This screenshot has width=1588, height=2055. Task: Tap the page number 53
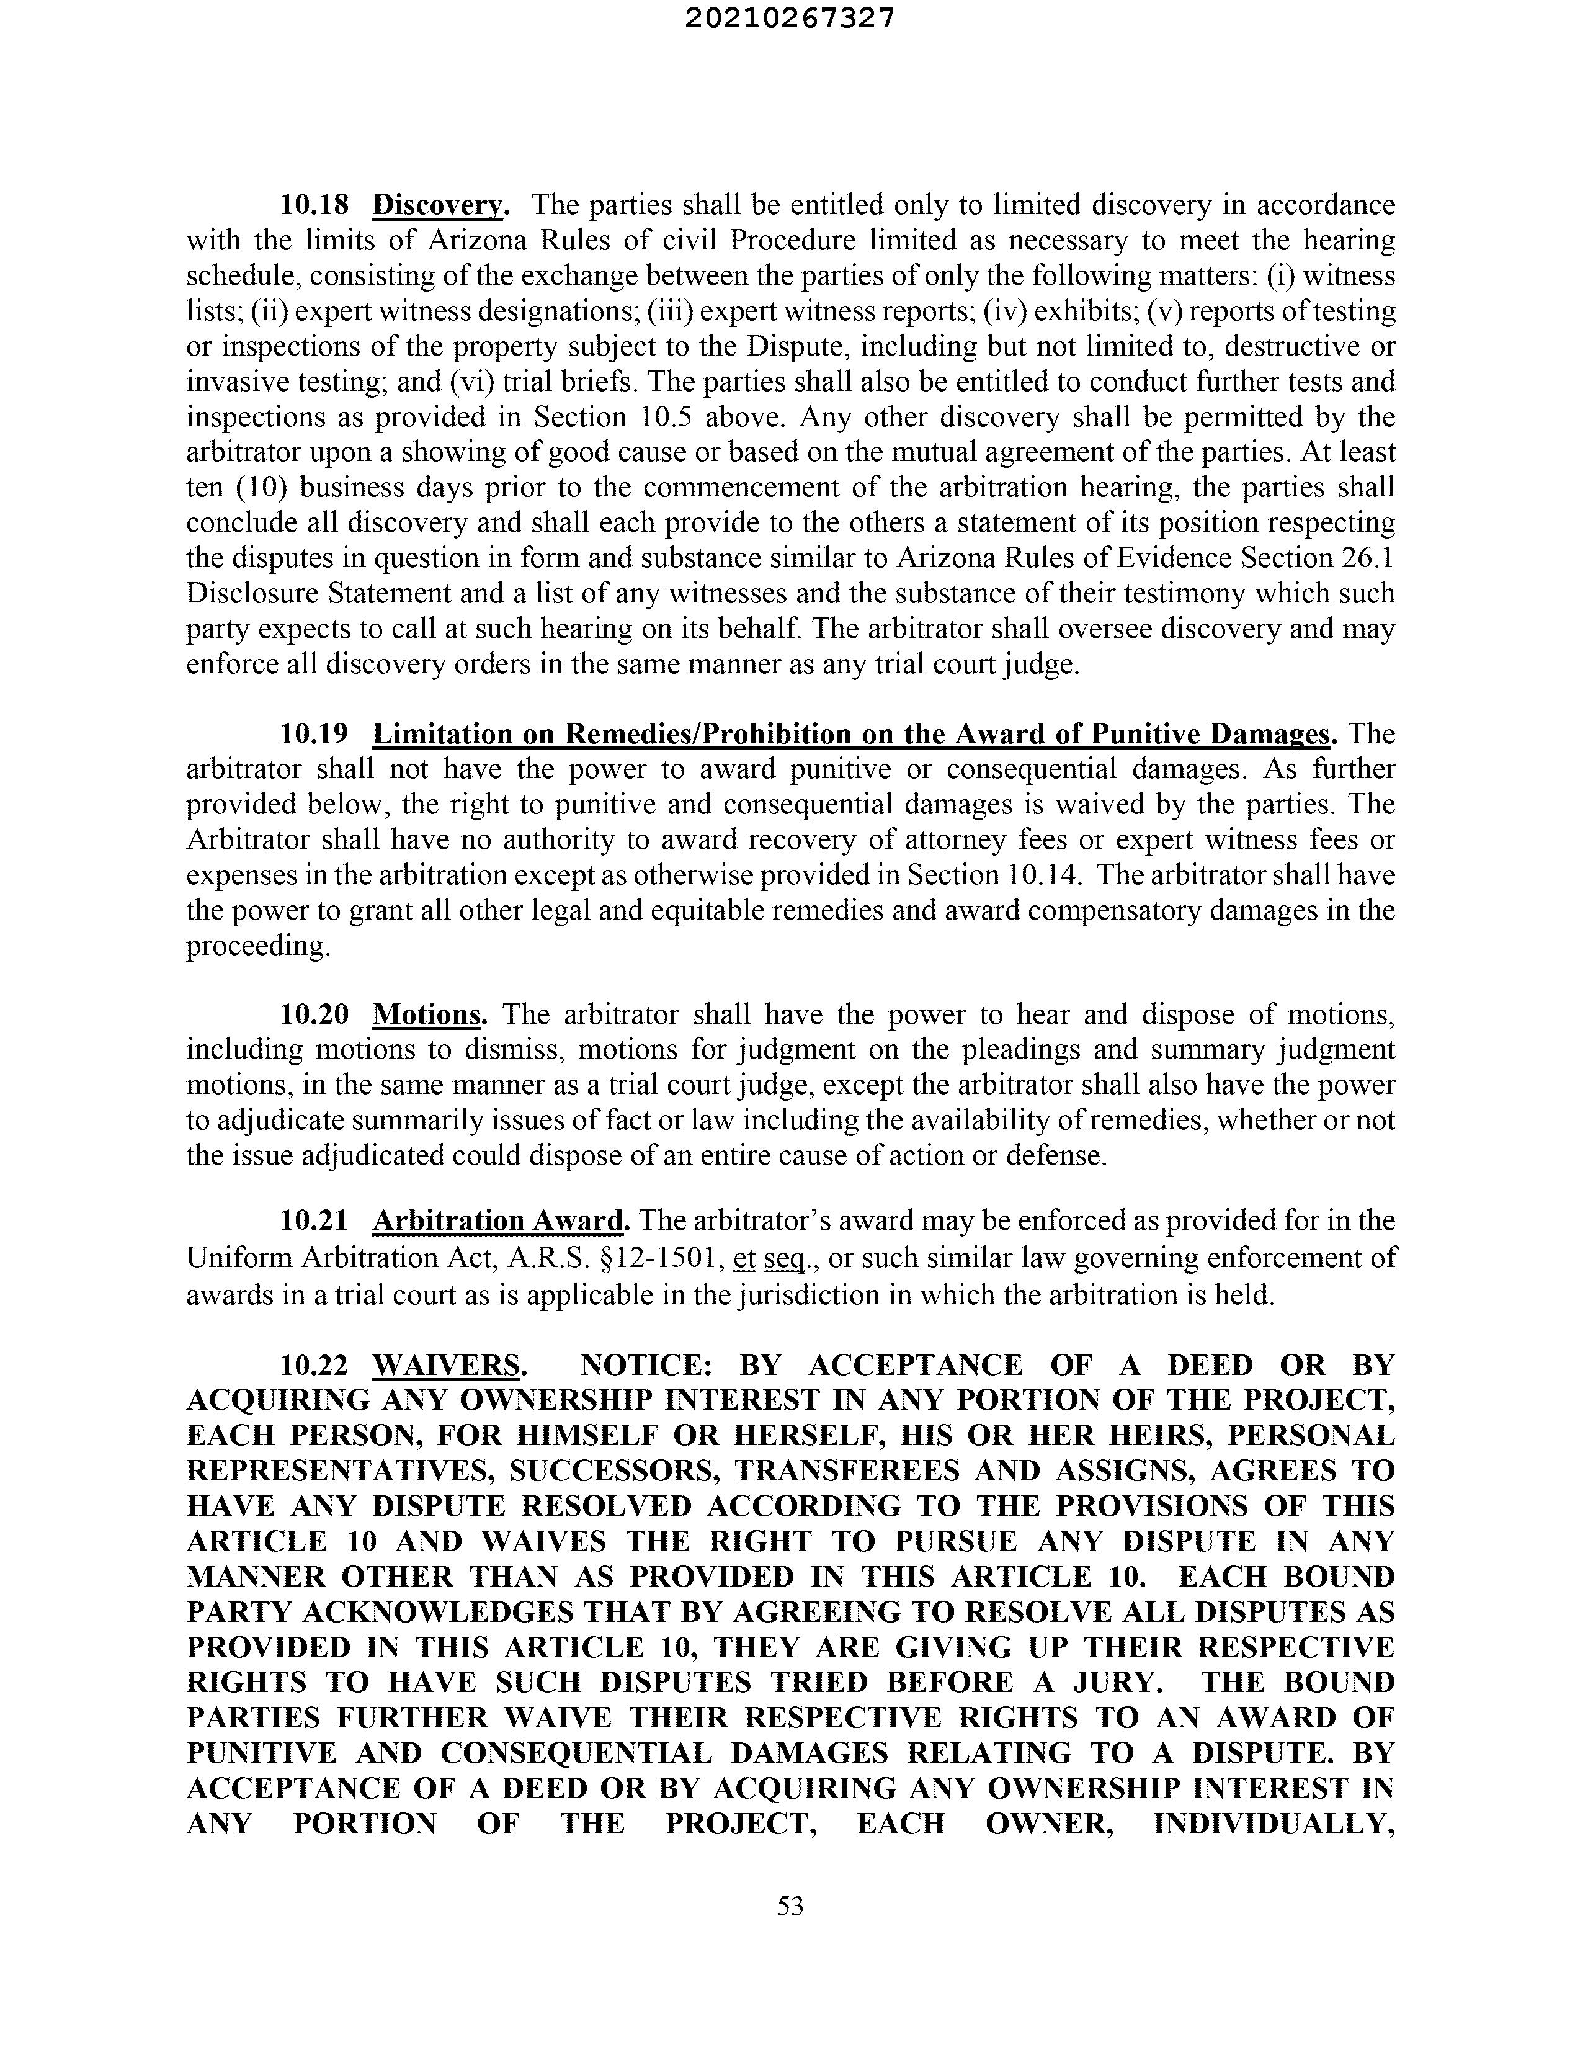point(790,1905)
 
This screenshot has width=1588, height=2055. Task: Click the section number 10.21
point(314,1221)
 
